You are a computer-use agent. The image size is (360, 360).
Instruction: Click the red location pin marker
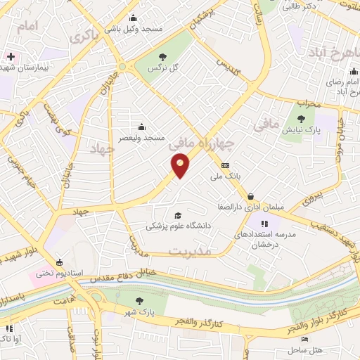(181, 166)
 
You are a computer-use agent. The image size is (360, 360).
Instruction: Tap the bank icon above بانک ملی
(225, 166)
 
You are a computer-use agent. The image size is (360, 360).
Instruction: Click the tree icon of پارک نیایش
(302, 119)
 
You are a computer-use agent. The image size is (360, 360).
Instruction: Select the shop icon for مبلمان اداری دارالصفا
(251, 196)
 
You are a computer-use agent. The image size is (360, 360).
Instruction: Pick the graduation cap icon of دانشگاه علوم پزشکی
(177, 214)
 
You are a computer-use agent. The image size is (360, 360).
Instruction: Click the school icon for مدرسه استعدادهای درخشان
(271, 224)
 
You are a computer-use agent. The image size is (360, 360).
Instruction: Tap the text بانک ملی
(226, 178)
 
